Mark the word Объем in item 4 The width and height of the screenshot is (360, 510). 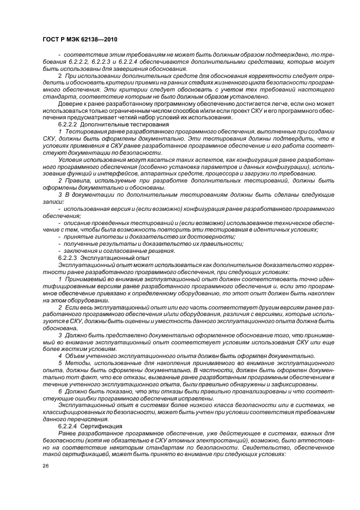(x=74, y=356)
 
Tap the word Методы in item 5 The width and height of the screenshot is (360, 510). (x=76, y=363)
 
